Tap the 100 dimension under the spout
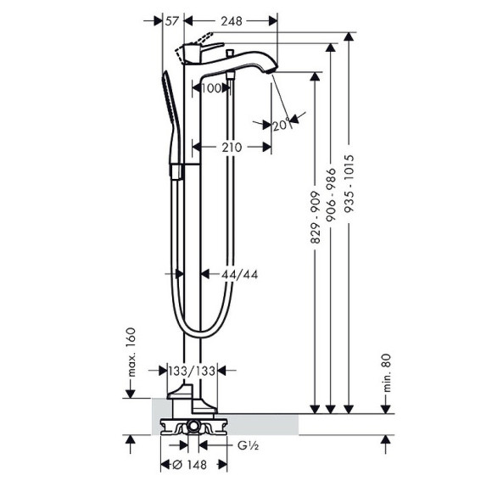point(212,87)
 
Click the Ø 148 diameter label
point(193,464)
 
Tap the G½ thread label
point(246,444)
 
